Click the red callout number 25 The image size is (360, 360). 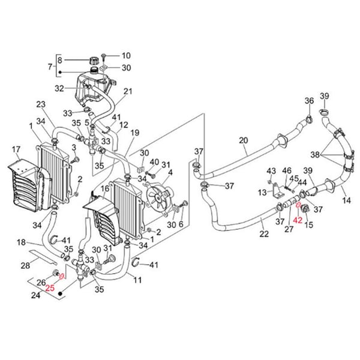tap(50, 288)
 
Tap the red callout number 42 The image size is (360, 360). tap(298, 220)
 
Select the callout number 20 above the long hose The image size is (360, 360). tap(243, 140)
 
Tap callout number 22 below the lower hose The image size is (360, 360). tap(263, 233)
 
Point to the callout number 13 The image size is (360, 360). tap(261, 192)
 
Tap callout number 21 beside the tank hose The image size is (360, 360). tap(127, 92)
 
